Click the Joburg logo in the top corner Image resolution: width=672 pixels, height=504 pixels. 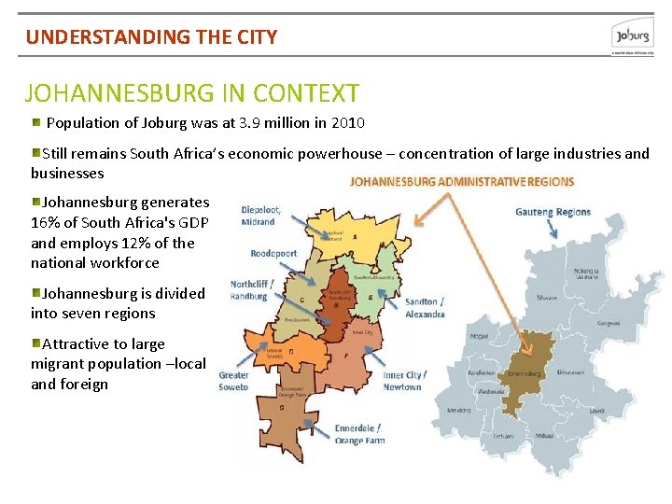point(632,36)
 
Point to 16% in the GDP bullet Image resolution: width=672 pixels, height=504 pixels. point(46,222)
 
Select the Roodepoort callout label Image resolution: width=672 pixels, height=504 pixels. point(273,253)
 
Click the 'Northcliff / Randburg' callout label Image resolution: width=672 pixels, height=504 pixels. point(248,290)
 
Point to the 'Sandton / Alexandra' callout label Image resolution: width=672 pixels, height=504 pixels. point(425,308)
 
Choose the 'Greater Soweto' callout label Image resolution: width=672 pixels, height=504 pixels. point(233,381)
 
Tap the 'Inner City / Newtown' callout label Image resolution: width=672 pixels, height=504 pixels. point(404,381)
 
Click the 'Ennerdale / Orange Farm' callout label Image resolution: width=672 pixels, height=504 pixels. point(359,434)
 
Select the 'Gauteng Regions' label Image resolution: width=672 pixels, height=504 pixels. point(553,212)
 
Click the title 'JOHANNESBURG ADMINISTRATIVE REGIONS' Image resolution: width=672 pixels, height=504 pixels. point(462,181)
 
